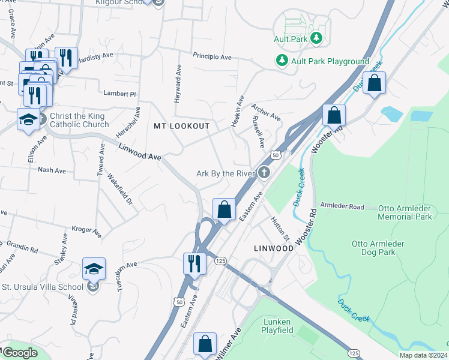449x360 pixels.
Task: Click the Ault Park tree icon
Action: pyautogui.click(x=317, y=39)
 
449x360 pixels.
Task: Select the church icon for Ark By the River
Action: pyautogui.click(x=264, y=173)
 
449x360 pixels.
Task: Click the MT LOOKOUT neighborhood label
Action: pyautogui.click(x=182, y=126)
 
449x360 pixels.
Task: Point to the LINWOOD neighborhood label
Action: pyautogui.click(x=273, y=248)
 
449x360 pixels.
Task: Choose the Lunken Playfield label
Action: pyautogui.click(x=277, y=325)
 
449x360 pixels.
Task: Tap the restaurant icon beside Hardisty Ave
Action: pyautogui.click(x=66, y=58)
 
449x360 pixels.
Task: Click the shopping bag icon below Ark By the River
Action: pyautogui.click(x=224, y=209)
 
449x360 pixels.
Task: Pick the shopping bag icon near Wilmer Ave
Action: pyautogui.click(x=205, y=344)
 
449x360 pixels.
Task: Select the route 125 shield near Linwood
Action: pyautogui.click(x=220, y=260)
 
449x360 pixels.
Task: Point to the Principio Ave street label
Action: pyautogui.click(x=212, y=56)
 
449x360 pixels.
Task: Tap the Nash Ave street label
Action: pyautogui.click(x=52, y=170)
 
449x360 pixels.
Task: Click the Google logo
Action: pyautogui.click(x=20, y=353)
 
